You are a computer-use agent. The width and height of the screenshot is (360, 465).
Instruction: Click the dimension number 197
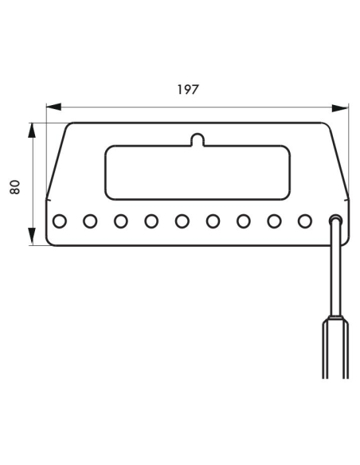click(x=188, y=89)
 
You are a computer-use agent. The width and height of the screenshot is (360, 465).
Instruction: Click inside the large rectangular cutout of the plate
click(x=198, y=173)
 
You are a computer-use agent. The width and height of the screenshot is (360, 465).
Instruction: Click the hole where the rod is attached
click(x=335, y=221)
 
